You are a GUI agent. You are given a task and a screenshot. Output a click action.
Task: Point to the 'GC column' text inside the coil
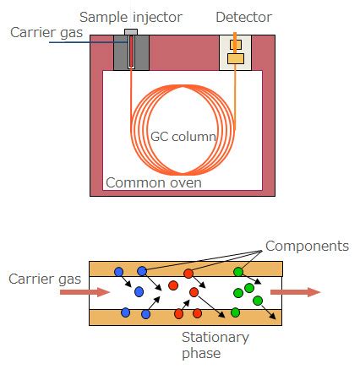(x=183, y=136)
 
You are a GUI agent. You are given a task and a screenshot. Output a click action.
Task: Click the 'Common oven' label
(x=153, y=182)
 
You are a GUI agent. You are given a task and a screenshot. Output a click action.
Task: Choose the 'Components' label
(x=307, y=247)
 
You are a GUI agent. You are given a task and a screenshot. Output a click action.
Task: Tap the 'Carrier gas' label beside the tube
(x=42, y=279)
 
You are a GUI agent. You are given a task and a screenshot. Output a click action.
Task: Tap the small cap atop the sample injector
(x=131, y=33)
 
